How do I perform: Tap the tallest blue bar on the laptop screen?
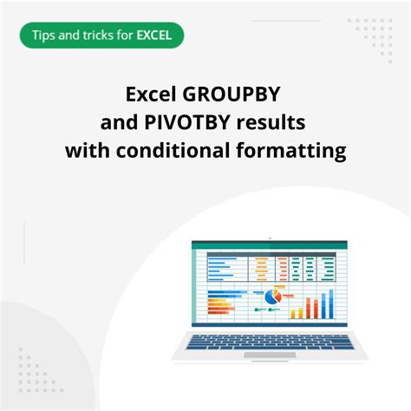pos(331,303)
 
